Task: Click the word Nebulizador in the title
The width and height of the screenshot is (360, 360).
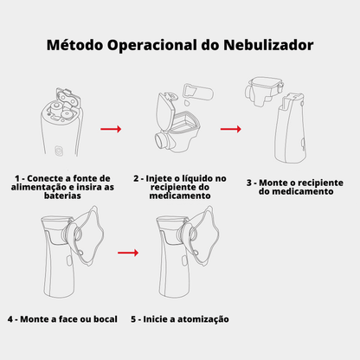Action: pyautogui.click(x=268, y=45)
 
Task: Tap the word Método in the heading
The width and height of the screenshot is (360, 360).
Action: pyautogui.click(x=74, y=45)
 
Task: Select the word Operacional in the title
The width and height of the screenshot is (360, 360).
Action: pyautogui.click(x=152, y=46)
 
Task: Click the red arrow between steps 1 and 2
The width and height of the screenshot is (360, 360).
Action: pyautogui.click(x=111, y=129)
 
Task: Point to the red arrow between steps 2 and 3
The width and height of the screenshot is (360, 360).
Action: pyautogui.click(x=231, y=129)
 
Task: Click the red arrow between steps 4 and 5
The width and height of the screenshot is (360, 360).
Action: pyautogui.click(x=128, y=253)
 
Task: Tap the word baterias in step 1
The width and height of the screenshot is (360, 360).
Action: pyautogui.click(x=62, y=196)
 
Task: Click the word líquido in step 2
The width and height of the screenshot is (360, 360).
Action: pyautogui.click(x=195, y=179)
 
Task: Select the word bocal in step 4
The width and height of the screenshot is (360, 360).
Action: pyautogui.click(x=106, y=319)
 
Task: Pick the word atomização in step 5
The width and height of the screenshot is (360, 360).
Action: pyautogui.click(x=203, y=319)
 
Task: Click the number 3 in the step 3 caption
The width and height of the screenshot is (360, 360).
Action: pyautogui.click(x=249, y=183)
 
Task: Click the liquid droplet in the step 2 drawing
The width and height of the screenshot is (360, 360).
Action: pyautogui.click(x=187, y=102)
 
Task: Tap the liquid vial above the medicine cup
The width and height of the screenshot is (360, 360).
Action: pyautogui.click(x=199, y=92)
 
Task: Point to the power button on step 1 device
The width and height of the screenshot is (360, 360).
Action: pyautogui.click(x=59, y=151)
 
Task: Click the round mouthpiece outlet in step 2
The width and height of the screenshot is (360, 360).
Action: pyautogui.click(x=161, y=140)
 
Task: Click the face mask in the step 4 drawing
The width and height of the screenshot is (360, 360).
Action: pyautogui.click(x=87, y=235)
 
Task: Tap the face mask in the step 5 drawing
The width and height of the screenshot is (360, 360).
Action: pyautogui.click(x=202, y=235)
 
